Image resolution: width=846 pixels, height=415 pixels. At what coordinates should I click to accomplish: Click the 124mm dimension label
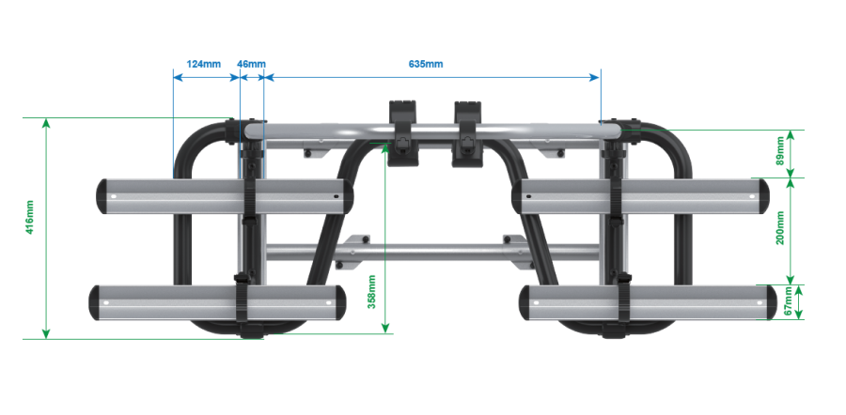click(x=203, y=64)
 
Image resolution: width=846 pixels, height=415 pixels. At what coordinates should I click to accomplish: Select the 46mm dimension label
click(x=251, y=64)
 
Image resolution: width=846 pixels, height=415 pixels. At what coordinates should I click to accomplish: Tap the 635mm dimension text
click(x=426, y=64)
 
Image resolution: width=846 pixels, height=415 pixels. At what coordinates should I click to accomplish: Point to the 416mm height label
click(x=30, y=217)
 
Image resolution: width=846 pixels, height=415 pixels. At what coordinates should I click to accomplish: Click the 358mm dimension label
click(x=371, y=292)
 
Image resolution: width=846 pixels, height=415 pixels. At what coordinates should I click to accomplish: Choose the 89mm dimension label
click(x=780, y=152)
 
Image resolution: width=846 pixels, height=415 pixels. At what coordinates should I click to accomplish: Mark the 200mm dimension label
click(x=780, y=228)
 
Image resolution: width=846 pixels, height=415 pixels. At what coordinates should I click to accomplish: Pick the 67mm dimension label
click(x=789, y=301)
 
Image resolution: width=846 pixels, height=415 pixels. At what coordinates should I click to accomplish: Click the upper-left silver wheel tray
click(x=225, y=196)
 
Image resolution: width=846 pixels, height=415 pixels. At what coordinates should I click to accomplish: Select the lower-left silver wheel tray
click(x=217, y=303)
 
